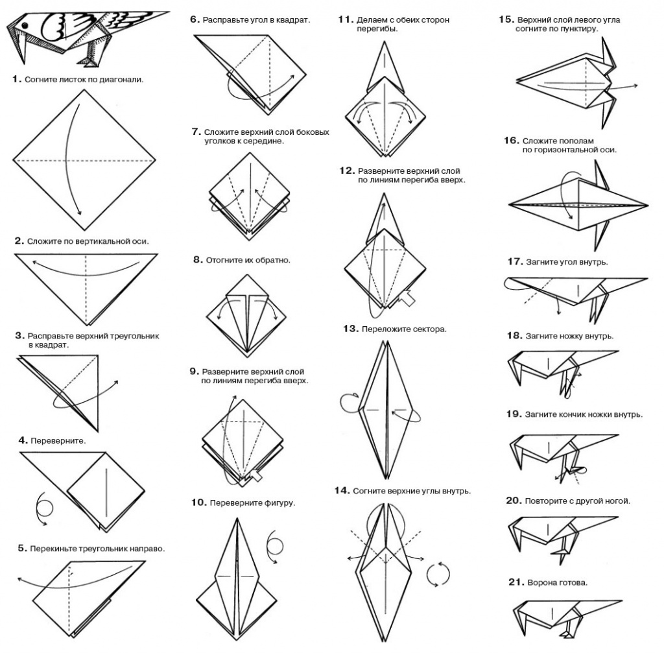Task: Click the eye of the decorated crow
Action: point(25,26)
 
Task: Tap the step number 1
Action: point(16,78)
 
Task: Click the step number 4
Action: point(23,440)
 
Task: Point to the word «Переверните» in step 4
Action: point(58,441)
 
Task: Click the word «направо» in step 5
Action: point(147,549)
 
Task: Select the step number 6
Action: point(195,19)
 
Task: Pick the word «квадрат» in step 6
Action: point(292,20)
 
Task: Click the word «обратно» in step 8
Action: point(272,260)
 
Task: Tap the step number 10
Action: point(198,503)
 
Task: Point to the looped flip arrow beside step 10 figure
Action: point(275,546)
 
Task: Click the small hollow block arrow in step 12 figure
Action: point(407,298)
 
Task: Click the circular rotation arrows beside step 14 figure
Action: point(438,575)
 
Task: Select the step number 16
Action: point(511,140)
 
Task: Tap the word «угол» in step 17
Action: point(567,262)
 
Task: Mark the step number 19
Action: point(514,414)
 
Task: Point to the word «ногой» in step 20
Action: point(617,501)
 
